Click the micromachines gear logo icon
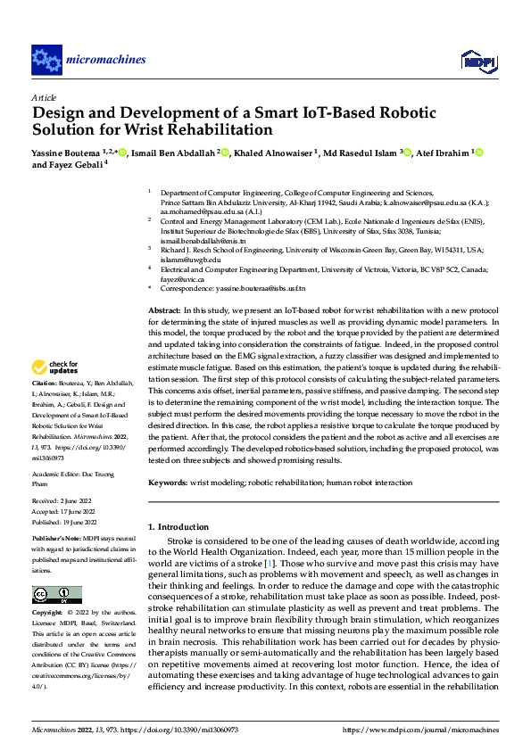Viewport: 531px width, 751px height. pyautogui.click(x=46, y=60)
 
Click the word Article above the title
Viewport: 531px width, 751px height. pyautogui.click(x=43, y=97)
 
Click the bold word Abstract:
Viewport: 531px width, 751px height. pyautogui.click(x=169, y=309)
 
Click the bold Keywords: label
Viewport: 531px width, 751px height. pyautogui.click(x=168, y=483)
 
